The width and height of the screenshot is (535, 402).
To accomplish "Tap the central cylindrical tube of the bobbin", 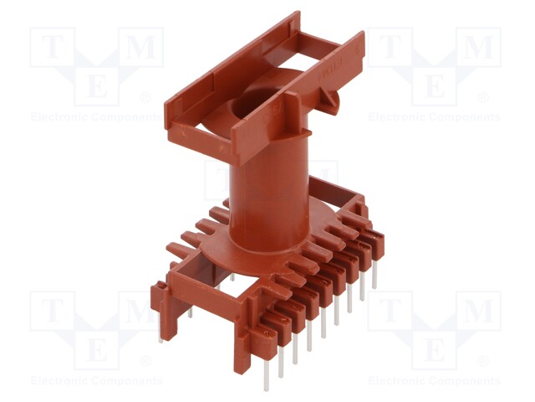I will (260, 193).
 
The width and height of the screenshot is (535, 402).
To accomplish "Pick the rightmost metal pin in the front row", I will (374, 276).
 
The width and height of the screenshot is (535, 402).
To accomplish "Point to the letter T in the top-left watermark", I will (52, 49).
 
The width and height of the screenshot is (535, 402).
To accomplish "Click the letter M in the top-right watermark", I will (478, 49).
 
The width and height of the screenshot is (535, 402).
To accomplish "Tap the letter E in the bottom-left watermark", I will (97, 348).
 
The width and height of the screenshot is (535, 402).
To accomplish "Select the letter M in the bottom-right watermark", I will (478, 312).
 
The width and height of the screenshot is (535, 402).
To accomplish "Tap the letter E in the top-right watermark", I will (435, 84).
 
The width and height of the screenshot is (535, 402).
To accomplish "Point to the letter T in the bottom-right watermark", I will (390, 312).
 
